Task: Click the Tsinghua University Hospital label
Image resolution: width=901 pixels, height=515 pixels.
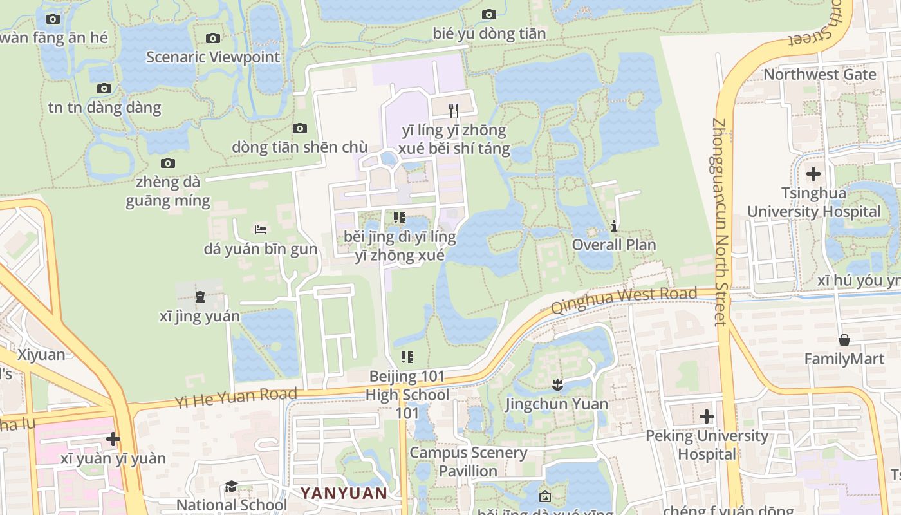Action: pos(813,202)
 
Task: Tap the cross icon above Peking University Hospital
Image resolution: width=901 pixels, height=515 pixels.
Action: pos(707,417)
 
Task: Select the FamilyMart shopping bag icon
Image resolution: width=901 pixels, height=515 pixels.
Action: pos(844,339)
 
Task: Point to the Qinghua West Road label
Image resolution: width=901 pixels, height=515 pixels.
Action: pos(624,299)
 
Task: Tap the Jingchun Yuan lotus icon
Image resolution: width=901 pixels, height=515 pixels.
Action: pos(557,385)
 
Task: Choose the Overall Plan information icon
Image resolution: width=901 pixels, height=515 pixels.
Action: pos(614,226)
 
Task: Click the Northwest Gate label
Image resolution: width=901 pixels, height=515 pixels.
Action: pos(819,74)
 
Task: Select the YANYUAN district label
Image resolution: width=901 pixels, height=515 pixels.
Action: pos(344,494)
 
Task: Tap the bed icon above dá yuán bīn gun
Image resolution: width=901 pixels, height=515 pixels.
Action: pos(261,229)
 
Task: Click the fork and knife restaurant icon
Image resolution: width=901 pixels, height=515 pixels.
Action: pos(454,110)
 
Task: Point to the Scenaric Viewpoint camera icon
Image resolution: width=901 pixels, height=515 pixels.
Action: pos(213,39)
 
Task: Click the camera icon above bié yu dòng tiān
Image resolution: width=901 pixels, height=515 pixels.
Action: pos(489,14)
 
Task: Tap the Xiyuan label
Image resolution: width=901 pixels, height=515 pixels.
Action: pos(41,355)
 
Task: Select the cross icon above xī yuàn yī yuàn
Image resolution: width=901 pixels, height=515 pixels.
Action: pos(113,439)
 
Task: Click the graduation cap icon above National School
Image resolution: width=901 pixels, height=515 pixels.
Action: pos(231,486)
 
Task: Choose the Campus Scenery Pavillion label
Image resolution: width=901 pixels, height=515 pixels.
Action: pos(468,462)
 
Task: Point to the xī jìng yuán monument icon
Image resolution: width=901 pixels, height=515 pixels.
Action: pos(200,297)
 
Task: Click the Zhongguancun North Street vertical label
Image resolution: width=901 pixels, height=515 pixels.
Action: pos(720,222)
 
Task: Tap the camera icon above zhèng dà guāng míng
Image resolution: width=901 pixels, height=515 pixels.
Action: pos(168,163)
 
